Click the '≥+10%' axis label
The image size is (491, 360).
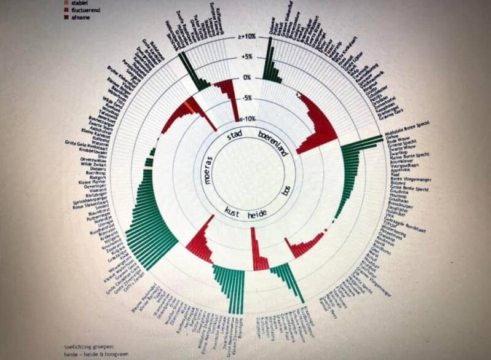pyautogui.click(x=247, y=37)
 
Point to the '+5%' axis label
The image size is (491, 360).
pyautogui.click(x=247, y=57)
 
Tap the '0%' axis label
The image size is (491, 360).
pyautogui.click(x=247, y=77)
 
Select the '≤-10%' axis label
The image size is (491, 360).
pyautogui.click(x=247, y=118)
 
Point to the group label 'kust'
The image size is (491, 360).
pyautogui.click(x=232, y=210)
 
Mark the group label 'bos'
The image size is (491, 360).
pyautogui.click(x=285, y=190)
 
